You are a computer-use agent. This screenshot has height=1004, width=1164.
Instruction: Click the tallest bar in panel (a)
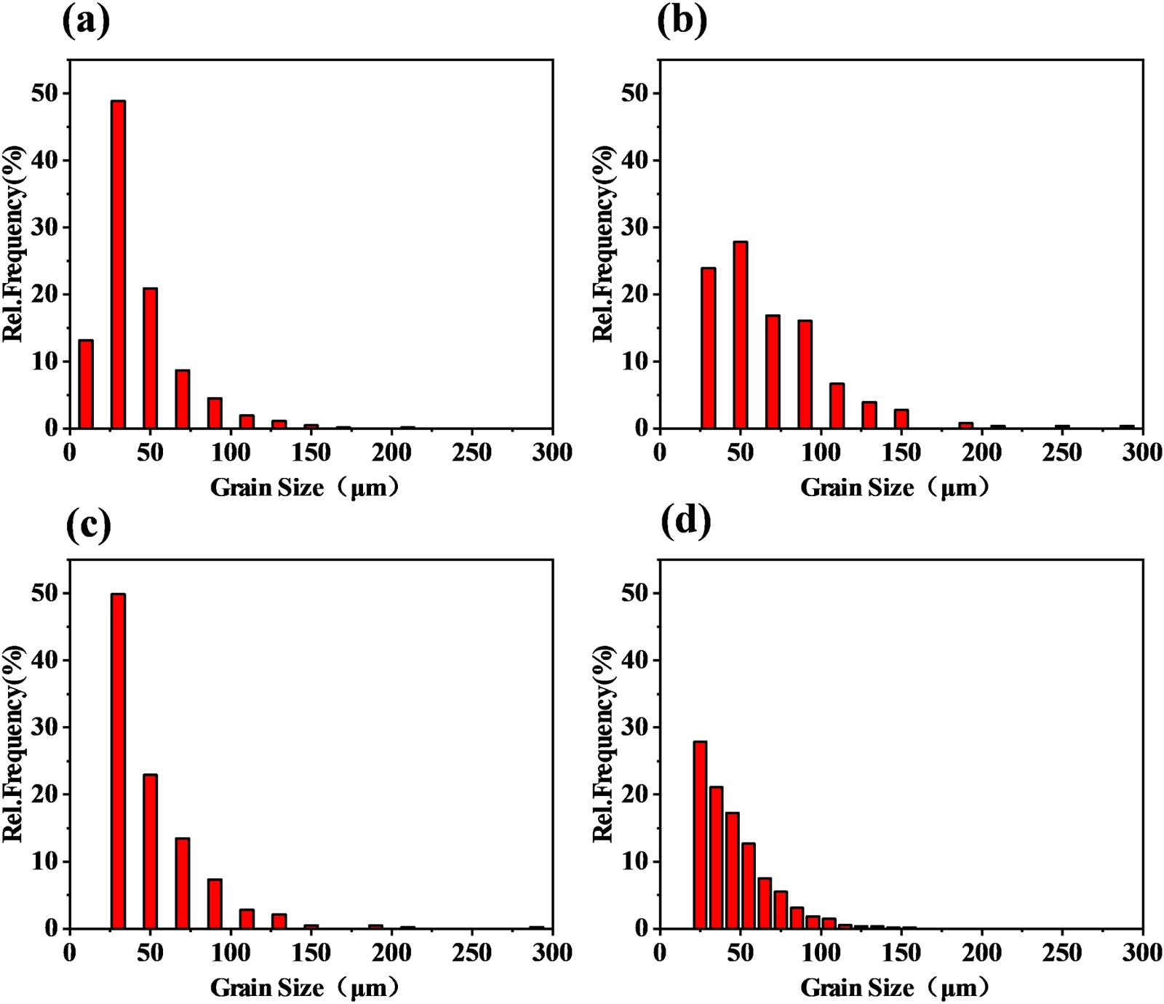(118, 265)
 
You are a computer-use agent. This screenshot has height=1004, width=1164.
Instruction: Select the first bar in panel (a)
(86, 384)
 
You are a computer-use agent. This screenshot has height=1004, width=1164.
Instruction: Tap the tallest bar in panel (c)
(118, 761)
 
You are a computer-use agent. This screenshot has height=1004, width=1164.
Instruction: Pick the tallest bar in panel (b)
(741, 335)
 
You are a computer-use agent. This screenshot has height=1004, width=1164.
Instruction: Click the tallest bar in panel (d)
(700, 835)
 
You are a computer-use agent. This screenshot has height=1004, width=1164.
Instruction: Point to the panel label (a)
(87, 21)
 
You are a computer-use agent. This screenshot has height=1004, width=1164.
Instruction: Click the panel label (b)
(682, 21)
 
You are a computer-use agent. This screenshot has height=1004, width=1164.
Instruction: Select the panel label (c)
(88, 524)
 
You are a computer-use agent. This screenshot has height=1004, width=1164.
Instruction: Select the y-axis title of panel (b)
(603, 244)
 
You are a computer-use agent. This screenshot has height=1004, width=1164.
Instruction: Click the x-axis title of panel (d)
(896, 988)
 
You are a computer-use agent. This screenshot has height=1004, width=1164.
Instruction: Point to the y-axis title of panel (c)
(13, 744)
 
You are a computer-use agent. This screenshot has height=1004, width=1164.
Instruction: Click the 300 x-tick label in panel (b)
(1142, 453)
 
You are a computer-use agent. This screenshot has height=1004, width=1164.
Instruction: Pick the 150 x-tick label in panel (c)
(311, 952)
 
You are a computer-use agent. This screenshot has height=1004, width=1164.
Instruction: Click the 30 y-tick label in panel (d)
(636, 728)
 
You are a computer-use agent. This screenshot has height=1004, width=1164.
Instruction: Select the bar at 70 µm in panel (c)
(183, 883)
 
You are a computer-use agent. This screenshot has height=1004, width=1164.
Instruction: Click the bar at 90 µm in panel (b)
(805, 374)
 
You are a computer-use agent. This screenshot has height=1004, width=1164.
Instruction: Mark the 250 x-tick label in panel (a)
(471, 453)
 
